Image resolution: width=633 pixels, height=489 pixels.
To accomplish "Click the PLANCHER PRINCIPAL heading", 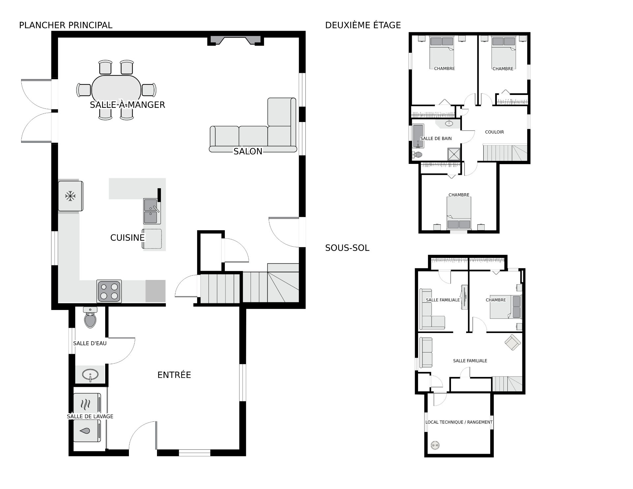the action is coord(66,25).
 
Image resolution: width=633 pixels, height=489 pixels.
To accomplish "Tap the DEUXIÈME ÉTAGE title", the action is coord(363,25).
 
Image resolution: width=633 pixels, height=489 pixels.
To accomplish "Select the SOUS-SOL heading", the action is coord(347,248).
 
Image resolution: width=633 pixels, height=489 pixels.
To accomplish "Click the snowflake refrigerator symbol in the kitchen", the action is coord(70,196).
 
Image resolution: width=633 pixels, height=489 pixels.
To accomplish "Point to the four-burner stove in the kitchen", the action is coord(109,291).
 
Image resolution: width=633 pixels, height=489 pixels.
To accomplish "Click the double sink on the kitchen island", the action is coord(152,211).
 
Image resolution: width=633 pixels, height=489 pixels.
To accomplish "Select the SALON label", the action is coord(248,151).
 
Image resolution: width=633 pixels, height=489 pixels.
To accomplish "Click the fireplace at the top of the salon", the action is coord(236,40).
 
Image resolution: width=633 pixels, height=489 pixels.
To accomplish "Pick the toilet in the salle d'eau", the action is coord(90,317).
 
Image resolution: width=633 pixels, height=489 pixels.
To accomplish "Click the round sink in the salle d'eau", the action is coord(90,375).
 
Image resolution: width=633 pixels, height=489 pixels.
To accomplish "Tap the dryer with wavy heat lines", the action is coord(87,404).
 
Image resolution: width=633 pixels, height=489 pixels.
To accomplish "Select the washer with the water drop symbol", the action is coord(87,430).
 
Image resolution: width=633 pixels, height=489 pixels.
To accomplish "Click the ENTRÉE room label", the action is coord(174,375).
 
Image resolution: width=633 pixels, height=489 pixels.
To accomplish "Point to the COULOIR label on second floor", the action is coord(495,132).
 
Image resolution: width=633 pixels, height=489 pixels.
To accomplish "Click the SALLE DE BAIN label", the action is coord(436,138).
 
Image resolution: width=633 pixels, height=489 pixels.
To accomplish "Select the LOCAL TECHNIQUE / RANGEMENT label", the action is coord(459,422).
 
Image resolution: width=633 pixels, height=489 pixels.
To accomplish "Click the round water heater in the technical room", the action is coord(435,445).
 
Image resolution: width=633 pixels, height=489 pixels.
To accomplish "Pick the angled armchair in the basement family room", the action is coord(512,343).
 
